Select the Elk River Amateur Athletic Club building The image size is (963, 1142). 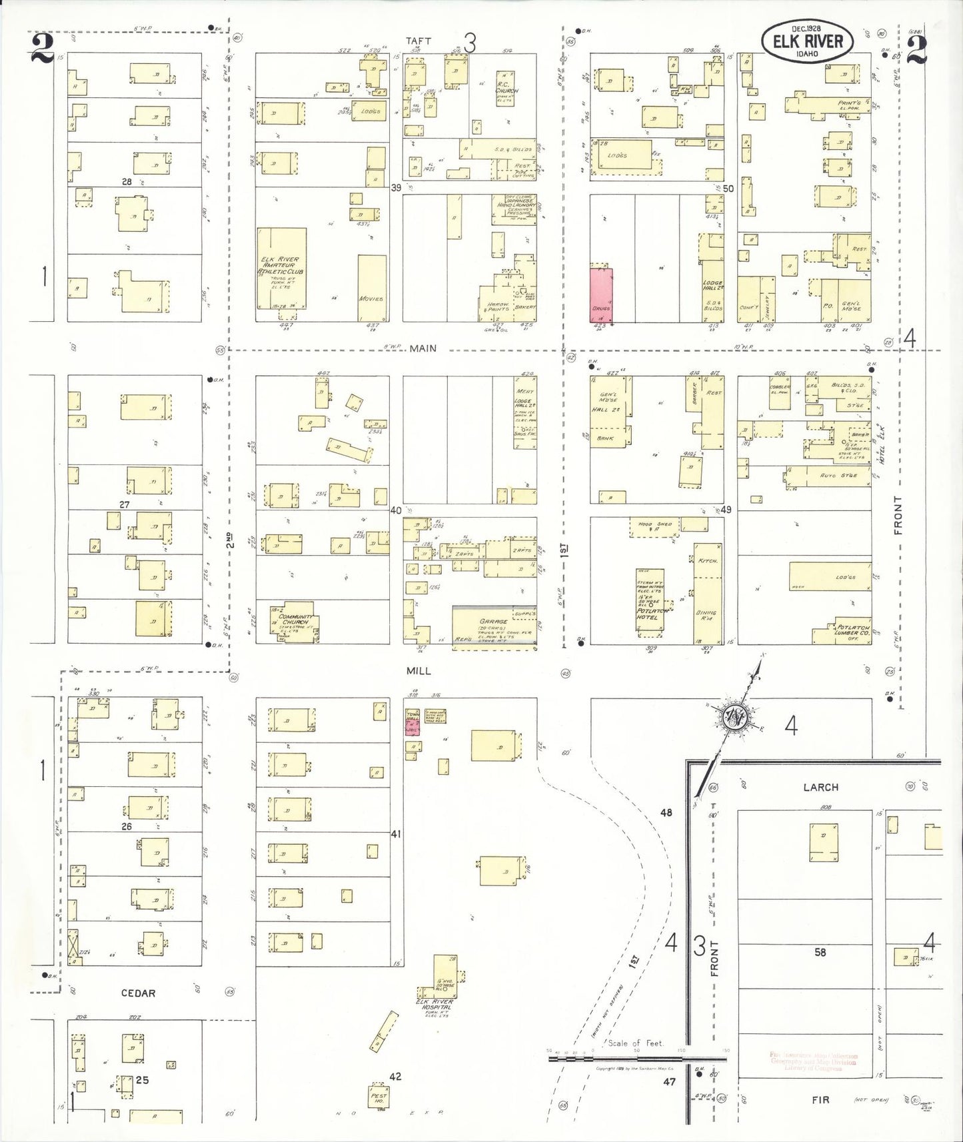coord(282,268)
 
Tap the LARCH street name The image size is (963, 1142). coord(820,787)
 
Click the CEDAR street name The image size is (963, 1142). coord(138,993)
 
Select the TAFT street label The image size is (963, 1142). coord(419,41)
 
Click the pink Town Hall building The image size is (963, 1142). coord(413,722)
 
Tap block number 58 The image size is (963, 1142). coord(820,952)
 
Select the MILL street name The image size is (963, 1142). coord(419,672)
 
